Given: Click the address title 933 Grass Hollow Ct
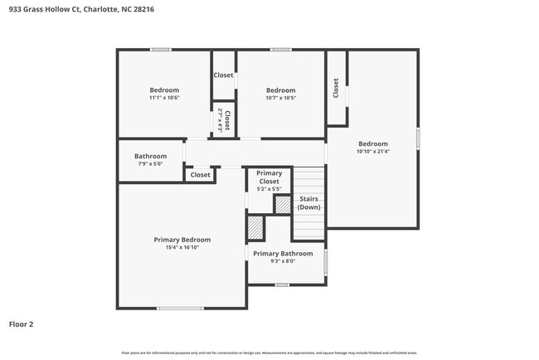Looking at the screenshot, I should click(x=81, y=10).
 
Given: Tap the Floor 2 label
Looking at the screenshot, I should click(x=22, y=324).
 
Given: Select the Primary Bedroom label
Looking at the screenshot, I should click(x=177, y=240).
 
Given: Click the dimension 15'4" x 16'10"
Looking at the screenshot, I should click(x=177, y=247).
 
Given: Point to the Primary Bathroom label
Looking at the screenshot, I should click(x=283, y=254).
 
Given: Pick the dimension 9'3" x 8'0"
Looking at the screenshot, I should click(x=283, y=261).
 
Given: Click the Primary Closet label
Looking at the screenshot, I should click(x=269, y=177).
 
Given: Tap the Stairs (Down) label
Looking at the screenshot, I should click(x=309, y=203).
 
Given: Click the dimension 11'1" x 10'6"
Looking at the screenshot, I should click(x=164, y=98).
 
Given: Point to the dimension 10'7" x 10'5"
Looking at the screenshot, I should click(x=280, y=98).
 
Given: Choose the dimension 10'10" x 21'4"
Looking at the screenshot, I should click(x=372, y=151).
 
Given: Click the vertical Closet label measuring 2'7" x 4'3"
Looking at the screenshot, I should click(x=223, y=119).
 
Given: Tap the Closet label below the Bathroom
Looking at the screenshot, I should click(x=201, y=175).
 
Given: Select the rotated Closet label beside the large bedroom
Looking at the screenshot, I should click(x=336, y=88).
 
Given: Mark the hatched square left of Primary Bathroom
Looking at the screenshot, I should click(x=255, y=227).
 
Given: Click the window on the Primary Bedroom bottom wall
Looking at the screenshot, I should click(x=180, y=309).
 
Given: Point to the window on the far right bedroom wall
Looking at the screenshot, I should click(x=418, y=139).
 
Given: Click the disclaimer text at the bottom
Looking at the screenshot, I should click(x=269, y=353).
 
